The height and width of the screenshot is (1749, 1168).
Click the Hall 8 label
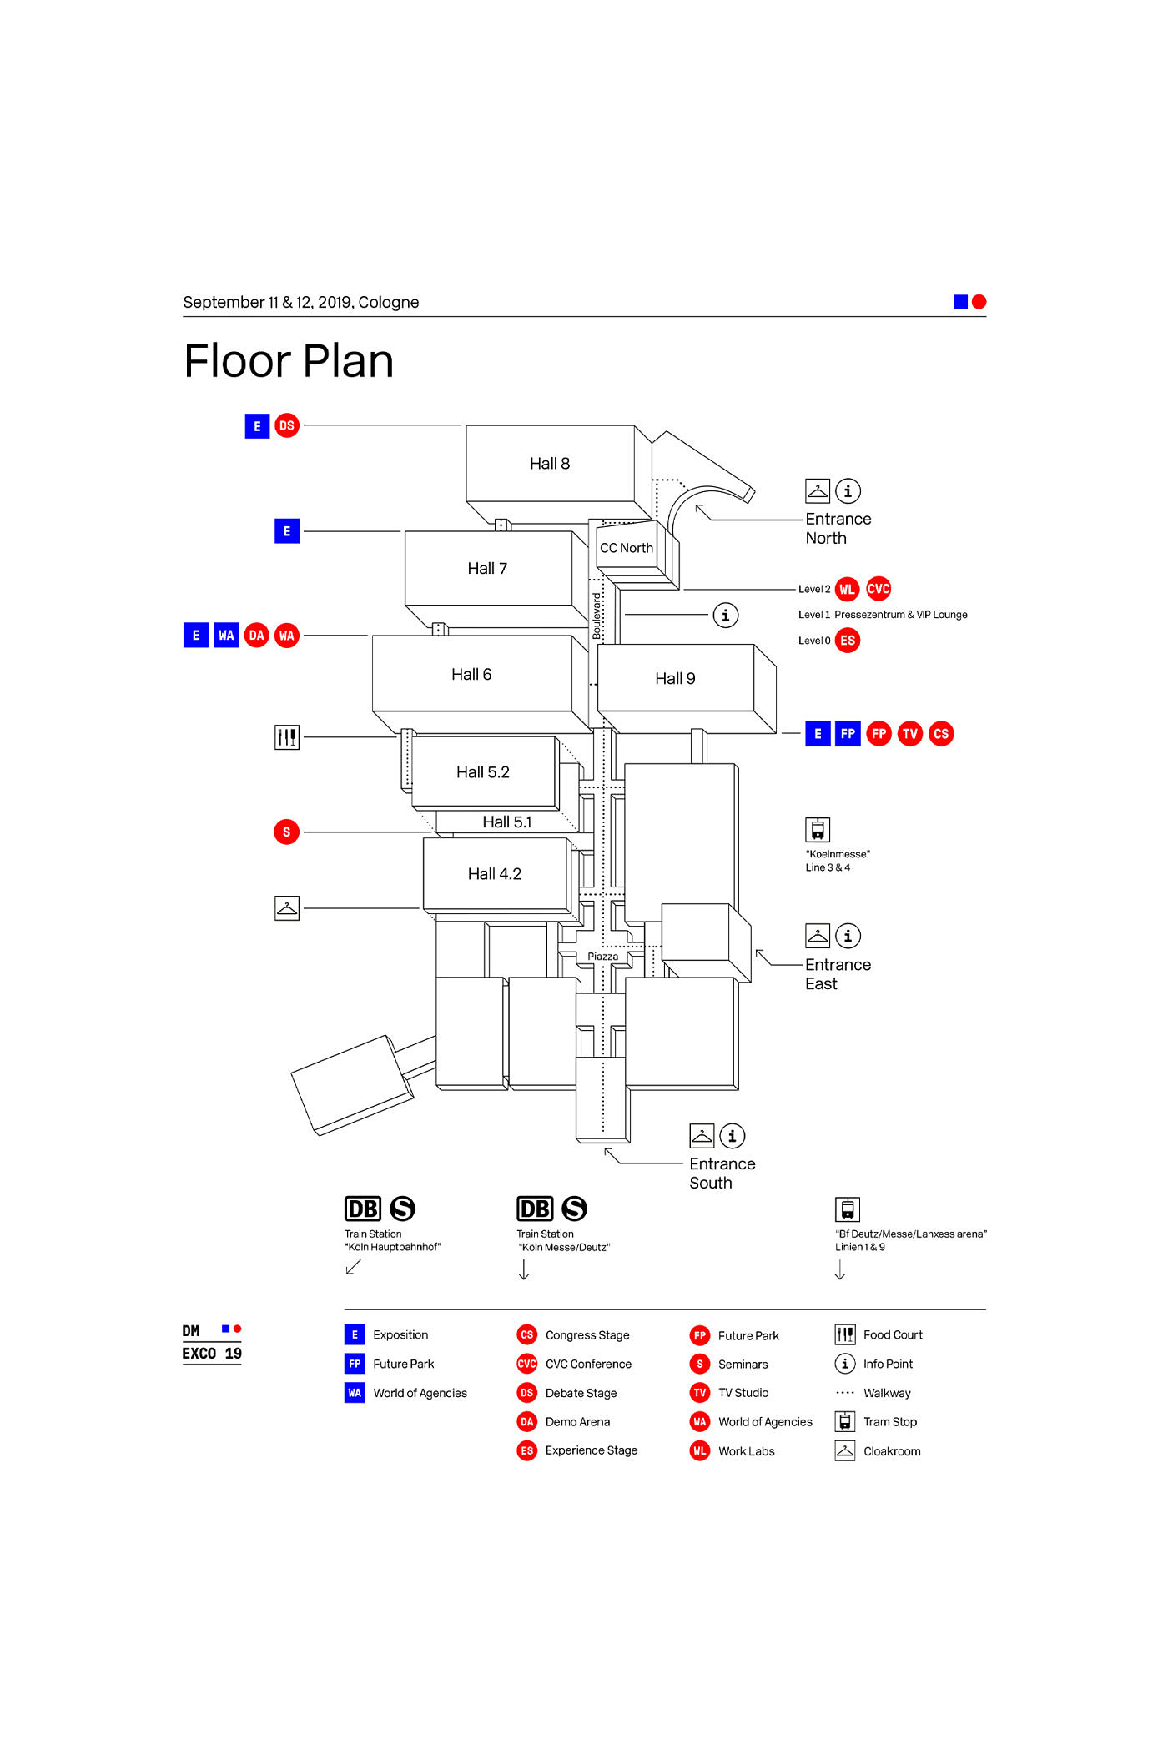(x=549, y=464)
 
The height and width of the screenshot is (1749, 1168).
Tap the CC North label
(x=627, y=548)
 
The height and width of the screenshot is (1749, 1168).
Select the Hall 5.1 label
(x=506, y=822)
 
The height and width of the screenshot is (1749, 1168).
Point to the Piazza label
(x=602, y=957)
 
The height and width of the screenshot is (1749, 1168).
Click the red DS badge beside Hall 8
(x=287, y=426)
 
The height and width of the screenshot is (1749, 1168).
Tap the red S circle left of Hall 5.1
(x=287, y=832)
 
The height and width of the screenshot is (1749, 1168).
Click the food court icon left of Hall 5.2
(x=287, y=737)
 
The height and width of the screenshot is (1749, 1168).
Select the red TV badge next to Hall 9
(x=909, y=734)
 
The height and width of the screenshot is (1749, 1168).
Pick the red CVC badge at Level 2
(x=879, y=589)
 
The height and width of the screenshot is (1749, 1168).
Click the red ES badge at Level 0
(x=848, y=641)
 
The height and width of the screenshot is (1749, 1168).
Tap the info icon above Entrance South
(x=733, y=1136)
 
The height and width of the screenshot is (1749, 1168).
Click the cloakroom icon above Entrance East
(x=818, y=936)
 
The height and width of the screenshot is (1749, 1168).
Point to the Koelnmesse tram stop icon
(x=818, y=830)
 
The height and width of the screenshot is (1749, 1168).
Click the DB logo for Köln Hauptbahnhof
(x=363, y=1209)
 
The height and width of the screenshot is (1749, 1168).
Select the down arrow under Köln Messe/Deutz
(x=524, y=1269)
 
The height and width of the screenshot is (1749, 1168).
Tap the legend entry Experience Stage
(x=591, y=1450)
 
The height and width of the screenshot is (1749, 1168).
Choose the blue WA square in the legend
(x=355, y=1393)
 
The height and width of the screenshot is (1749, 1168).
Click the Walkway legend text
(x=887, y=1393)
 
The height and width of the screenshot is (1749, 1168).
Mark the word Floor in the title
(x=237, y=362)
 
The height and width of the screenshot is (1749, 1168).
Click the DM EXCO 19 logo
(x=212, y=1343)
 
